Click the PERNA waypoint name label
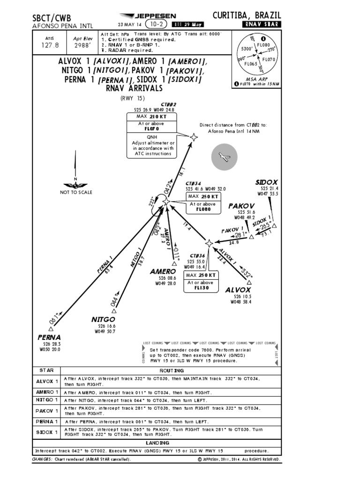[49, 337]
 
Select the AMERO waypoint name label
[163, 271]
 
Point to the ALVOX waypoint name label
[238, 290]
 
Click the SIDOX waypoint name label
[267, 182]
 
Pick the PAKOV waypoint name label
[241, 206]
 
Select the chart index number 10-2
[157, 24]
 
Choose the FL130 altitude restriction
[201, 288]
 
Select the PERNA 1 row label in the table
[47, 421]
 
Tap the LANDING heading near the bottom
[157, 442]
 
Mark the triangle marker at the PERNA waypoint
[51, 329]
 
